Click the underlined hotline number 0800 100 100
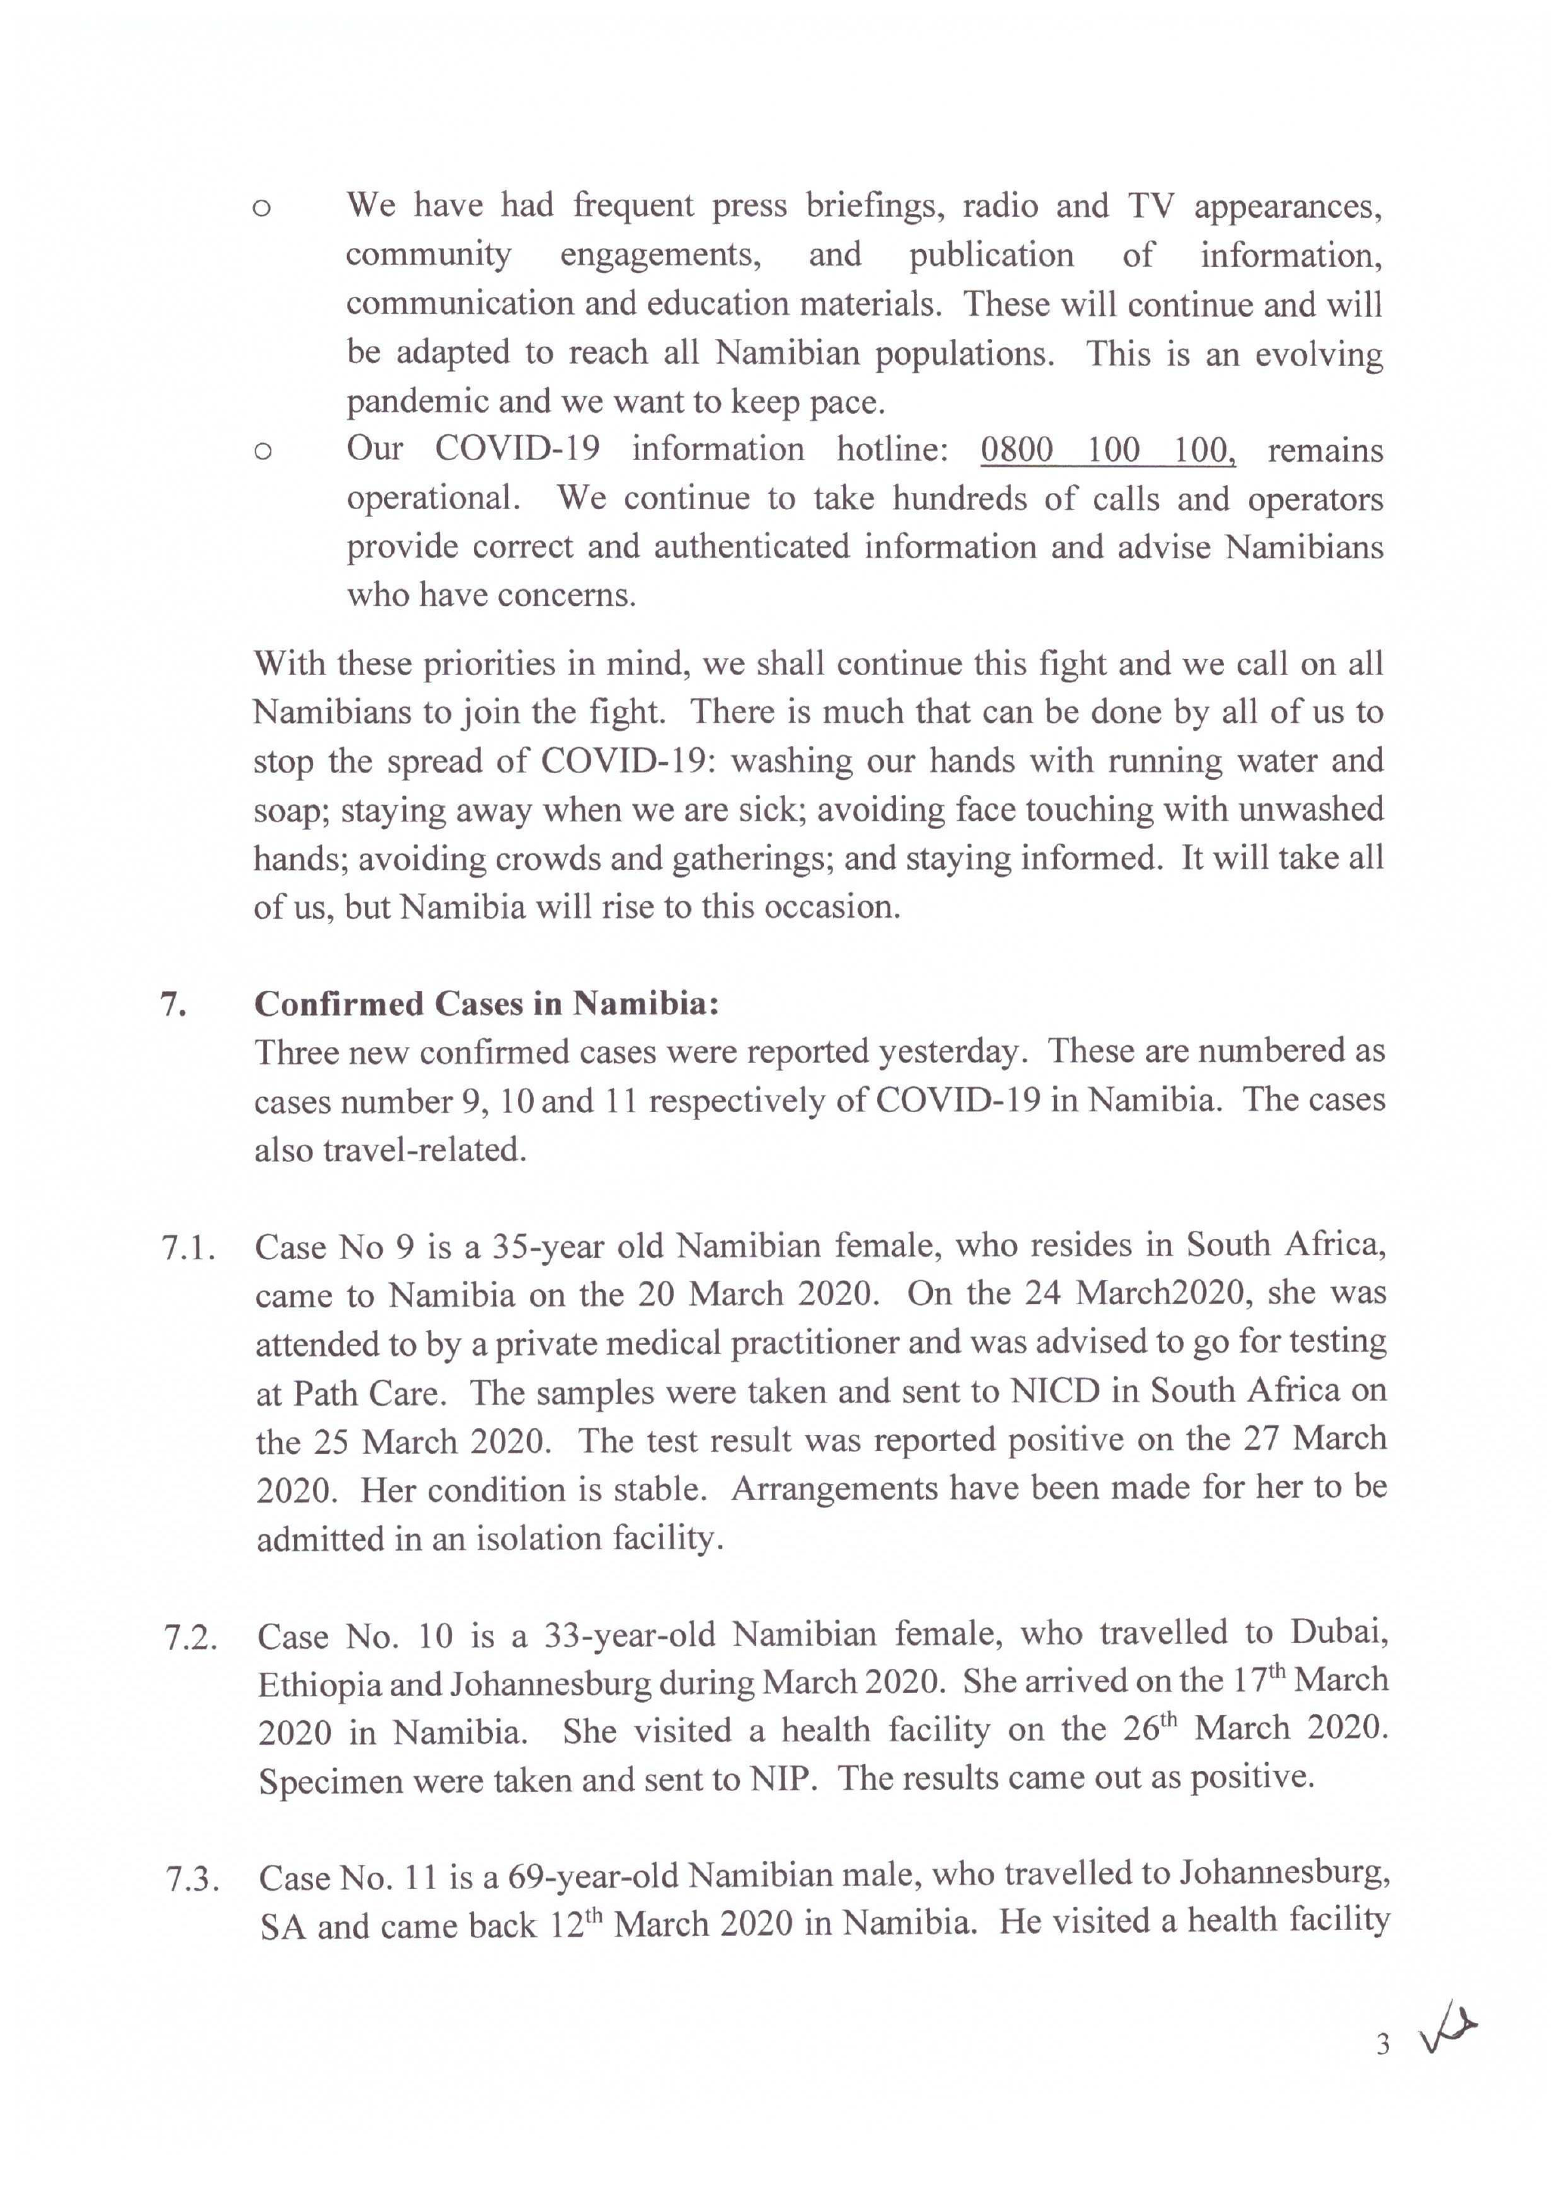coord(1108,450)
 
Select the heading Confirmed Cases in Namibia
coord(486,1004)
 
